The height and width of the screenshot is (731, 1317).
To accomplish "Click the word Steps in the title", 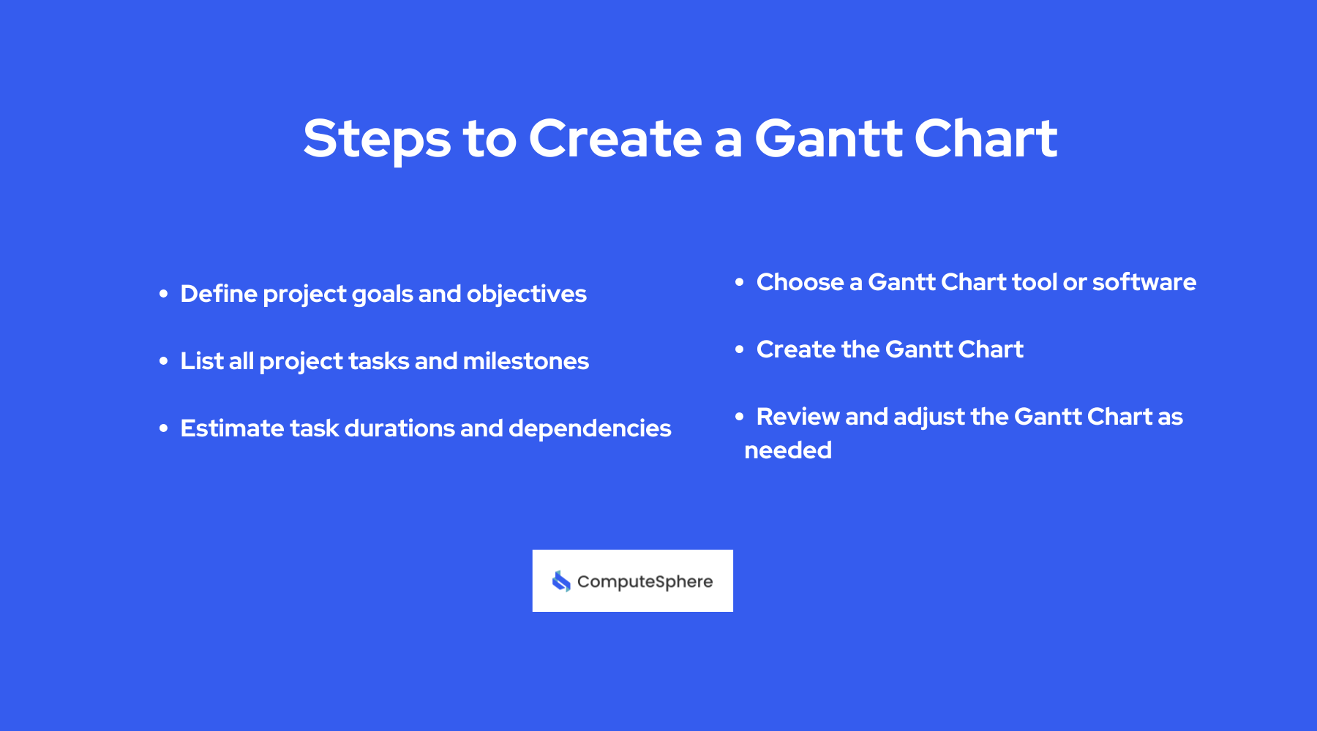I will [x=377, y=139].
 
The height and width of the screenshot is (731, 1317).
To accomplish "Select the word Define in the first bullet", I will [x=218, y=294].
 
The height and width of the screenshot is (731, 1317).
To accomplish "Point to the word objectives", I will [x=526, y=294].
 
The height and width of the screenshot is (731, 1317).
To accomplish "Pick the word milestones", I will [x=525, y=361].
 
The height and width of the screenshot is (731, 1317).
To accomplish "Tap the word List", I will [x=202, y=361].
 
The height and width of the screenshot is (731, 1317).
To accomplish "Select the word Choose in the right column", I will [x=800, y=282].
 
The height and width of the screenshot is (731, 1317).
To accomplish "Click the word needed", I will [x=788, y=450].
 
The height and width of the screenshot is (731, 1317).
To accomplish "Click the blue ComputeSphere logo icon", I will [x=561, y=581].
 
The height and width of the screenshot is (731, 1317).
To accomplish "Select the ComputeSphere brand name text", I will [x=645, y=582].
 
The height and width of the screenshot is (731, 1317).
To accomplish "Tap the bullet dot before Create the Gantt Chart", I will [x=740, y=349].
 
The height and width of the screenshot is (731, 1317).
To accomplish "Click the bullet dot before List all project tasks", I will [x=164, y=361].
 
